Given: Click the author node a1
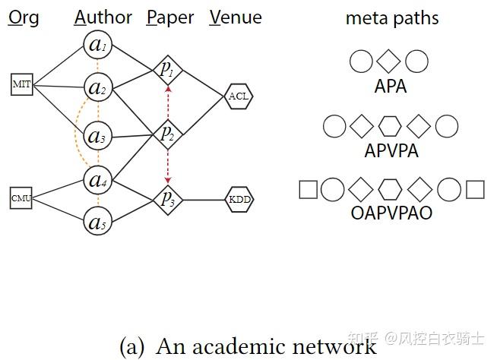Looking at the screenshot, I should pyautogui.click(x=97, y=46).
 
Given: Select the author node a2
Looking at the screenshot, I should pyautogui.click(x=97, y=88).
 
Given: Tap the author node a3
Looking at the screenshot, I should pyautogui.click(x=97, y=137).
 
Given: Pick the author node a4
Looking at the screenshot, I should pyautogui.click(x=97, y=180).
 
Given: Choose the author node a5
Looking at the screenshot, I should pyautogui.click(x=97, y=223).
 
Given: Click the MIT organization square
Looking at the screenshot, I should pyautogui.click(x=22, y=84).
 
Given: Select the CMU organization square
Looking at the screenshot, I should pyautogui.click(x=21, y=198).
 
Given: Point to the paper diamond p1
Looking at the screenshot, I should pyautogui.click(x=166, y=70).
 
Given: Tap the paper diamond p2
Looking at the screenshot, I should pyautogui.click(x=166, y=133).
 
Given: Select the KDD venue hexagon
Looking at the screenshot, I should pyautogui.click(x=239, y=200).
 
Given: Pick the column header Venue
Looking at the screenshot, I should pyautogui.click(x=236, y=17).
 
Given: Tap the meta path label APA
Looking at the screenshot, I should pyautogui.click(x=391, y=86).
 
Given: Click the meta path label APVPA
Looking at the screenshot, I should pyautogui.click(x=391, y=150).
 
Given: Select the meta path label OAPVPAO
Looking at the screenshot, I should pyautogui.click(x=391, y=213).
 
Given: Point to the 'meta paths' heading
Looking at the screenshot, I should pyautogui.click(x=391, y=18).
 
